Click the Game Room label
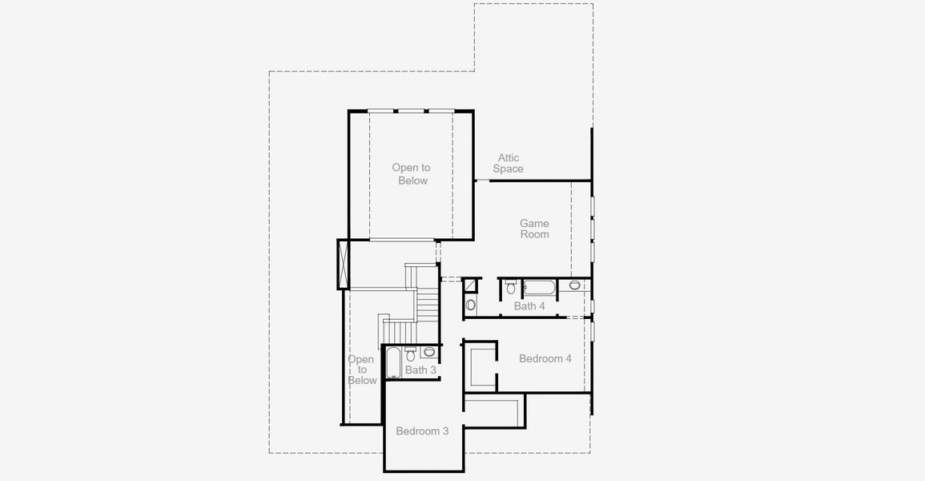click(x=534, y=229)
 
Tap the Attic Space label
click(x=508, y=164)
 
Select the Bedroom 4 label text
click(x=545, y=358)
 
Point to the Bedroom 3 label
click(x=422, y=431)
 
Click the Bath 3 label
click(x=420, y=370)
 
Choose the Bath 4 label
click(x=529, y=306)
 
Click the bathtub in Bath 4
click(x=539, y=287)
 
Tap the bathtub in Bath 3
click(x=392, y=362)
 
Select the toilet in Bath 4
click(x=511, y=287)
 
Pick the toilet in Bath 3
click(x=410, y=354)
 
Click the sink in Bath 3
click(x=429, y=351)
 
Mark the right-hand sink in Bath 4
click(x=574, y=285)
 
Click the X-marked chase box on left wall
click(x=344, y=263)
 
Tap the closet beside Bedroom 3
click(x=493, y=410)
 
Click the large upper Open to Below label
click(x=412, y=174)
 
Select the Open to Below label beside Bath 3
click(x=361, y=370)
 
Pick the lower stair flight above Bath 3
click(x=396, y=329)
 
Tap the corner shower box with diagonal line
click(x=471, y=285)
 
